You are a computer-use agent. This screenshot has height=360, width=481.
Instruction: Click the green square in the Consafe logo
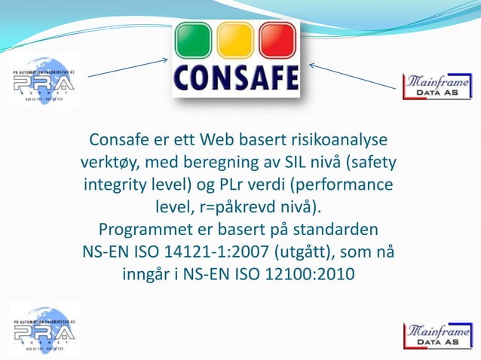194,41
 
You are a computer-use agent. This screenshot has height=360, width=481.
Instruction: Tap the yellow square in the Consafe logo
236,41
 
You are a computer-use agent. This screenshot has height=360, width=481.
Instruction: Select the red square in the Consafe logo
277,41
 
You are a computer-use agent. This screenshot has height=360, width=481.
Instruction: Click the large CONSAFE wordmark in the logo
235,78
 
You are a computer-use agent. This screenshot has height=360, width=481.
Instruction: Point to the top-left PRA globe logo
44,78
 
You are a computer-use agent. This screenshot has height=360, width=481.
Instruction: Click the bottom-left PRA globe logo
44,328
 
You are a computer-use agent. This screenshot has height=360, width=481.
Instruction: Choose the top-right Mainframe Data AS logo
437,87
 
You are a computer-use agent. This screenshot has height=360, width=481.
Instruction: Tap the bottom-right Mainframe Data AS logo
437,336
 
